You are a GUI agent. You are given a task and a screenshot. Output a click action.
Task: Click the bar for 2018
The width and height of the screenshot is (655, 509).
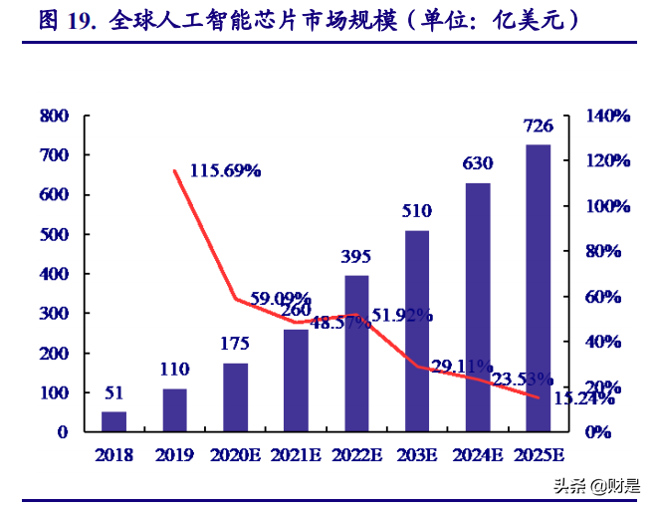coord(114,421)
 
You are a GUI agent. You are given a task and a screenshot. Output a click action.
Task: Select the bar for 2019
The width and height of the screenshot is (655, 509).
coord(175,409)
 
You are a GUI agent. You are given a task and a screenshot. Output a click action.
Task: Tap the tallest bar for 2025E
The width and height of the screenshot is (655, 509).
coord(539,288)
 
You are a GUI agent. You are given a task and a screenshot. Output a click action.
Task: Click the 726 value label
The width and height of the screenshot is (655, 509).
coord(539,127)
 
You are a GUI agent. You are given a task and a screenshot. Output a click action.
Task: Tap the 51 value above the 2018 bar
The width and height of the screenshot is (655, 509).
coord(114,392)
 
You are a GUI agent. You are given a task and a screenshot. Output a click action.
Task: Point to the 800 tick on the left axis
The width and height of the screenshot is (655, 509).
coord(54,116)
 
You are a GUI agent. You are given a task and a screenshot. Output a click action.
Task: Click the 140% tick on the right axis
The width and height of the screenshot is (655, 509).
coord(607,116)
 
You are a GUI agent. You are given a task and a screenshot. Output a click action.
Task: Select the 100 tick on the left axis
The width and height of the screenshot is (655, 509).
coord(54,392)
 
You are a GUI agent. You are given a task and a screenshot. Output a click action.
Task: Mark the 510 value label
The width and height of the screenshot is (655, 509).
coord(417,211)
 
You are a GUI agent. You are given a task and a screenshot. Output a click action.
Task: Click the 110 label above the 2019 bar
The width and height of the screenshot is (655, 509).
coord(175,370)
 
